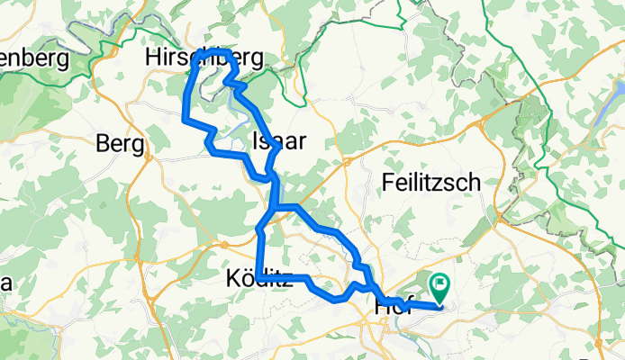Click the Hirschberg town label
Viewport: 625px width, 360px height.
point(205,58)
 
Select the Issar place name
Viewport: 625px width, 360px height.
point(281,140)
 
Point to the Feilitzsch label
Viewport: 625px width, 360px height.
point(431,182)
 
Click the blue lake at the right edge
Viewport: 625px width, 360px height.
point(619,90)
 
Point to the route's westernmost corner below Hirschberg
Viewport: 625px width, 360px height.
point(185,118)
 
